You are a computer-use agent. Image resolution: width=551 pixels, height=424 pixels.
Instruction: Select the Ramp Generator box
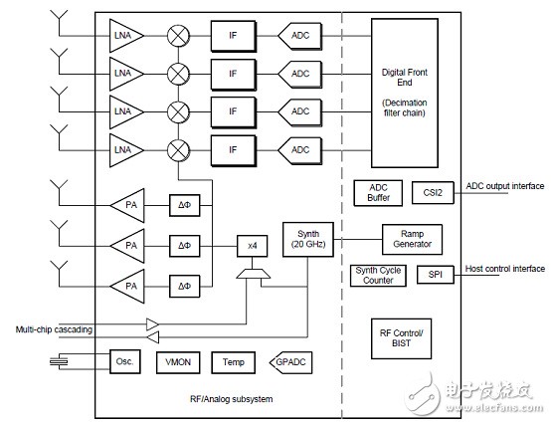coord(412,239)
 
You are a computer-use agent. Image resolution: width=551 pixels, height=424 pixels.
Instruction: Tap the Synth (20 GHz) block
coord(306,239)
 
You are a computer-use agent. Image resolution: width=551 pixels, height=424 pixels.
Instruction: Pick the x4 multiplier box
coord(250,245)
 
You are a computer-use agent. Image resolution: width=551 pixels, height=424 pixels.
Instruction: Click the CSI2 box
coord(432,193)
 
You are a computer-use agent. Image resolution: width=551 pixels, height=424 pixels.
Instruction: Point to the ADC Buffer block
coord(378,193)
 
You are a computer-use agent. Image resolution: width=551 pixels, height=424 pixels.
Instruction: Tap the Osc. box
coord(125,362)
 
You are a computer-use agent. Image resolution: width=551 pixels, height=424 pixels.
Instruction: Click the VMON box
coord(179,362)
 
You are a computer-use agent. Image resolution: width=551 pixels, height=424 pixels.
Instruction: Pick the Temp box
coord(234,362)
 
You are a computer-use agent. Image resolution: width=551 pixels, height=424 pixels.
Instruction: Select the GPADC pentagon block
coord(289,362)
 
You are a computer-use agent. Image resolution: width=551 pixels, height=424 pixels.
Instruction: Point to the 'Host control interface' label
coord(504,269)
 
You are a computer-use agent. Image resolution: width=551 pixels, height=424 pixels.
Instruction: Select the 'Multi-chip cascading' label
coord(57,329)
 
